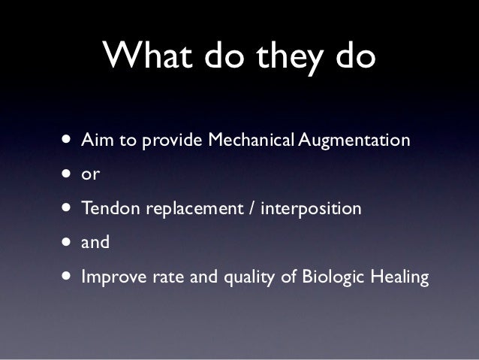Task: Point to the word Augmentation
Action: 354,141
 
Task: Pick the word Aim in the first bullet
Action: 95,140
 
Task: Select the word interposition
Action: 311,209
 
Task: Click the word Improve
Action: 110,278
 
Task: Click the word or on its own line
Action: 89,175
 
